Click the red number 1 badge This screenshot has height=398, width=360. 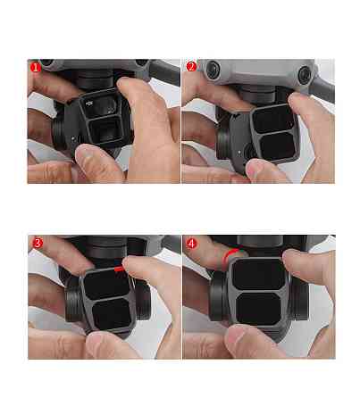tap(35, 67)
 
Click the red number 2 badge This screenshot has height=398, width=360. tap(191, 67)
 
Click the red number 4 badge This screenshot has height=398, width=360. tap(191, 243)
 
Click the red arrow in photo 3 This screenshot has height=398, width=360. tap(121, 265)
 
